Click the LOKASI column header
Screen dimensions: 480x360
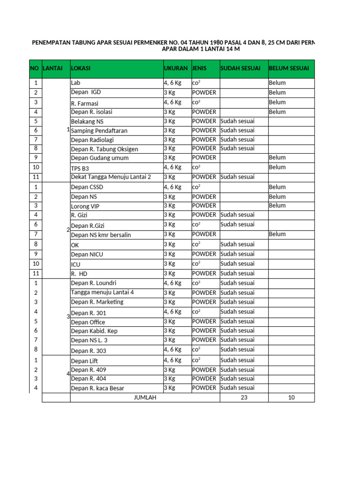tap(81, 68)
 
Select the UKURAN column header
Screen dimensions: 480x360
tap(176, 68)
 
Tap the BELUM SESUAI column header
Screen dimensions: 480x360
tap(289, 68)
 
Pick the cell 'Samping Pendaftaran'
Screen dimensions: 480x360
tap(99, 131)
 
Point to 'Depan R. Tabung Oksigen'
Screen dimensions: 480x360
tap(105, 149)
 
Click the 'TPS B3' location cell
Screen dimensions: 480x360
tap(80, 168)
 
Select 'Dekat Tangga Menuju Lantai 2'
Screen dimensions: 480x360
tap(111, 177)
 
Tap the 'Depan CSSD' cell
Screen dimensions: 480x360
tap(87, 187)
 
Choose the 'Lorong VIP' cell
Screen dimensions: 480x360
tap(85, 206)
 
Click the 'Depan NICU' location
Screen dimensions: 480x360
tap(87, 255)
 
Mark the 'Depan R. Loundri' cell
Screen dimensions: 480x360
tap(93, 283)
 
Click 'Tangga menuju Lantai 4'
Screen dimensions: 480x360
tap(102, 292)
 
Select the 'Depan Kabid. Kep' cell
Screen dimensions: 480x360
tap(94, 331)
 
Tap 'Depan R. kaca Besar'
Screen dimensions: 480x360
tap(97, 388)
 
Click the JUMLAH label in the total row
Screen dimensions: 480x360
tap(145, 397)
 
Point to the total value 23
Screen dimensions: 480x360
tap(244, 397)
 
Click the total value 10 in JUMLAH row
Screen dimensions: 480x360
tap(291, 397)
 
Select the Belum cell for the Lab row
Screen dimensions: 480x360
tap(277, 83)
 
